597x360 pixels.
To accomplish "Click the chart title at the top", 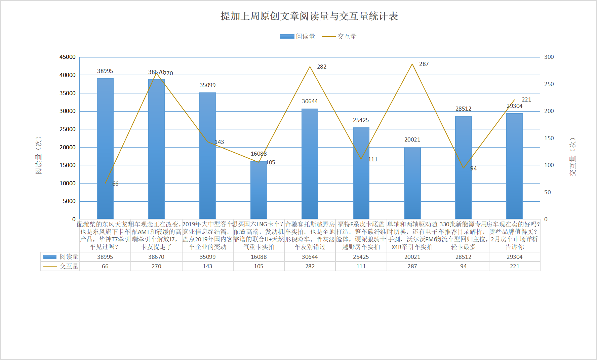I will (309, 16).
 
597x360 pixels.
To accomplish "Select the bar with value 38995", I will (105, 148).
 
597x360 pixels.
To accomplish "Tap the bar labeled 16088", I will (259, 190).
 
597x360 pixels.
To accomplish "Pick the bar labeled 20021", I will (412, 183).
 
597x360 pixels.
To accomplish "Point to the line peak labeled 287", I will (412, 64).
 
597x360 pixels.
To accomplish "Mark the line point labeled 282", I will (310, 67).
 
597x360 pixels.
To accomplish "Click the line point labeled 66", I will (106, 183).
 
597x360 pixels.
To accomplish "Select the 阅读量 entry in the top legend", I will (297, 37).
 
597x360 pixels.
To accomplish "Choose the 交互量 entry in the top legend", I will (339, 37).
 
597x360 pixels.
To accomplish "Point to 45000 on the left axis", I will (68, 57).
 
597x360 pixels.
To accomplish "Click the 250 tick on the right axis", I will (549, 84).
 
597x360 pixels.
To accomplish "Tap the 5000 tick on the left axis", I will (69, 201).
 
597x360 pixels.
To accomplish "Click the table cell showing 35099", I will (208, 257).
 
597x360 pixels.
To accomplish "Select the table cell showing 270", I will (156, 266).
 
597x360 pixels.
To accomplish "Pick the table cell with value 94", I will (463, 266).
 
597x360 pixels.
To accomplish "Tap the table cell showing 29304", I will (514, 257).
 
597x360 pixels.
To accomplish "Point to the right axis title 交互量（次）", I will (572, 157).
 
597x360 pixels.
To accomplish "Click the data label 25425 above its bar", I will (361, 120).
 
